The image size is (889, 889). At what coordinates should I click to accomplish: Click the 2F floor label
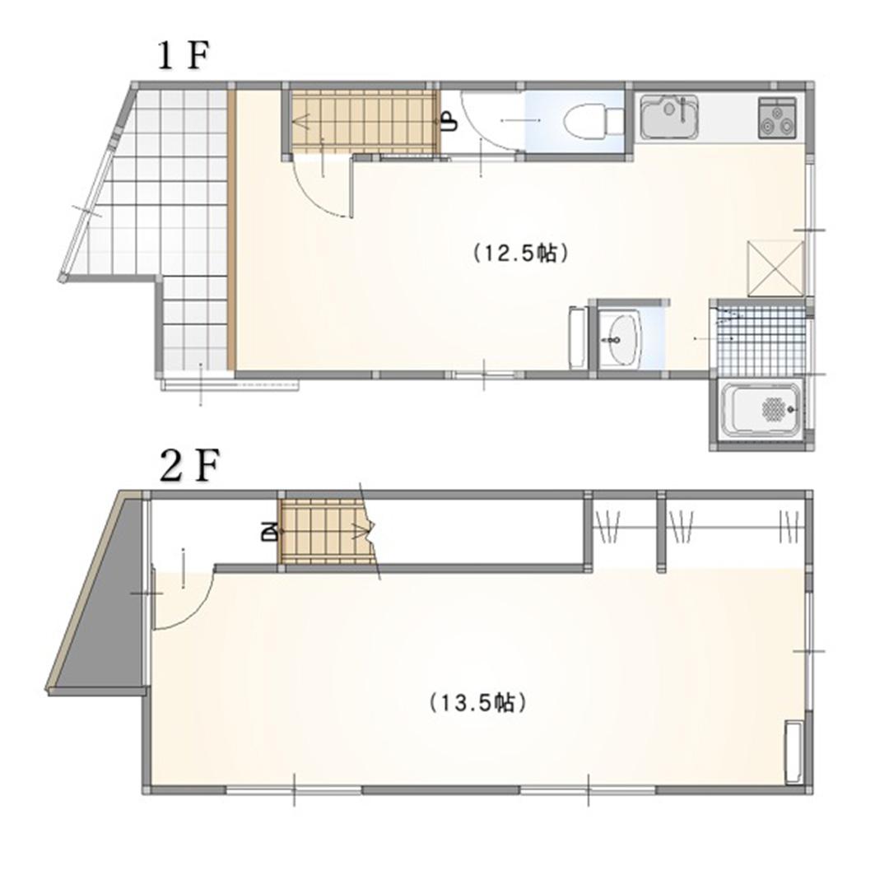click(x=189, y=467)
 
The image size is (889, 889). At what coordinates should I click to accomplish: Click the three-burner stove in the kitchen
click(x=777, y=118)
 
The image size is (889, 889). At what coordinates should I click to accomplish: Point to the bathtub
click(x=761, y=409)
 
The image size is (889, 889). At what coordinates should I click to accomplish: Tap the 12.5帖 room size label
click(x=520, y=253)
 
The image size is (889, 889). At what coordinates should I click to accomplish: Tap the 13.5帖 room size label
click(x=478, y=703)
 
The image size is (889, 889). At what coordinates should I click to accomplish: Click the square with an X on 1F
click(x=775, y=268)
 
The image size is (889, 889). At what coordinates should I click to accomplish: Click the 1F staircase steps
click(x=363, y=121)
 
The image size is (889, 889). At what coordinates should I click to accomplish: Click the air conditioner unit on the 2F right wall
click(x=794, y=752)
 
